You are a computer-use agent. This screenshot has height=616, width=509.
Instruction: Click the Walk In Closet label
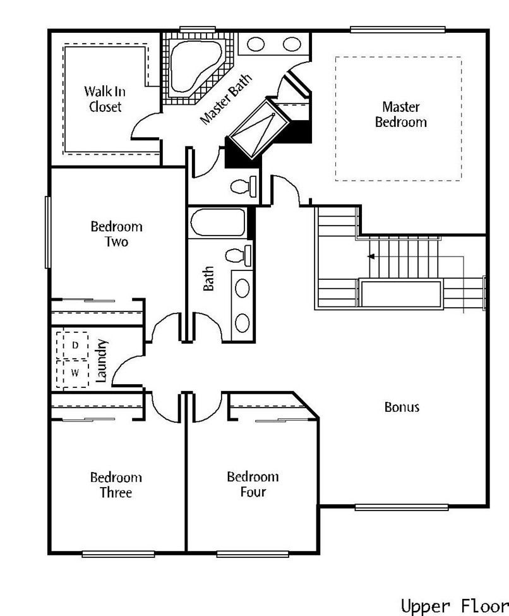(104, 99)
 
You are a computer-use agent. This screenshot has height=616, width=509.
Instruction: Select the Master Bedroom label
(400, 114)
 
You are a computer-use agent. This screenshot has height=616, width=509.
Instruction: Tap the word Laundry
(101, 361)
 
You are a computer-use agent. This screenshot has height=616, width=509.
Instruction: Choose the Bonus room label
(402, 407)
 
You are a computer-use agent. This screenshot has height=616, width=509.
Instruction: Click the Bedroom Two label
(116, 234)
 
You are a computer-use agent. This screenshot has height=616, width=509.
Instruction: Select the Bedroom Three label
(116, 485)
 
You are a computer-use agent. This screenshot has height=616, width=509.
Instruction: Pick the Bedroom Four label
(253, 484)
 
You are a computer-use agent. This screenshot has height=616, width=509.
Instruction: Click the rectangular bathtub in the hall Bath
(218, 222)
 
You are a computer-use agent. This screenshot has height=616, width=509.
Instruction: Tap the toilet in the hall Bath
(239, 255)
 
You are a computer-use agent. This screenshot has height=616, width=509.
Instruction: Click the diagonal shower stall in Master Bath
(259, 129)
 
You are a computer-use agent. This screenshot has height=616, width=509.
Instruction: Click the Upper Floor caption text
(455, 605)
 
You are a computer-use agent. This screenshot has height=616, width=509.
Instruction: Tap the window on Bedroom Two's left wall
(48, 232)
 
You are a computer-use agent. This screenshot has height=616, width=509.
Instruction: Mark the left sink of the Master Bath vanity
(256, 44)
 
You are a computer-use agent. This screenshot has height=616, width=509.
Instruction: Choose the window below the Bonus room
(402, 507)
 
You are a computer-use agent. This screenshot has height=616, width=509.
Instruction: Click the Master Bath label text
(226, 99)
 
